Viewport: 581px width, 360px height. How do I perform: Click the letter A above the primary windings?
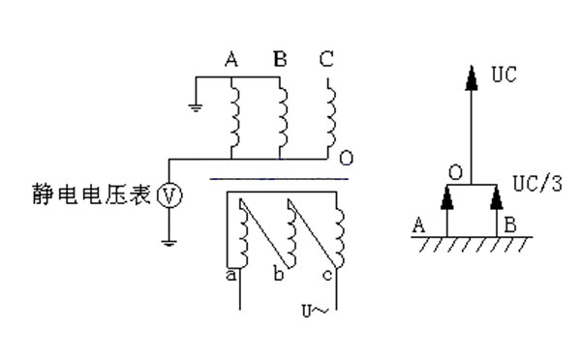click(x=231, y=60)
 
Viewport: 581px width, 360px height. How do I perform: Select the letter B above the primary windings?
click(x=280, y=60)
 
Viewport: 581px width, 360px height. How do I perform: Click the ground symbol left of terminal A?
click(x=196, y=105)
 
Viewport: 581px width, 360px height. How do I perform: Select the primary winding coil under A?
click(x=234, y=115)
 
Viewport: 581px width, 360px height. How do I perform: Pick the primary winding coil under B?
click(x=282, y=115)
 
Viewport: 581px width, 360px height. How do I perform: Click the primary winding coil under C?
click(x=329, y=115)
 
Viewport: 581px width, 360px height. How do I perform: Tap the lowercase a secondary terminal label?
click(x=232, y=274)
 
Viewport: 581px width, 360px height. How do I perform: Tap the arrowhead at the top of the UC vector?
click(x=472, y=75)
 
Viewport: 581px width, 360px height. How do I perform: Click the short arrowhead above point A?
click(x=446, y=196)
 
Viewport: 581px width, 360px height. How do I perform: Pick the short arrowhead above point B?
click(x=497, y=196)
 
